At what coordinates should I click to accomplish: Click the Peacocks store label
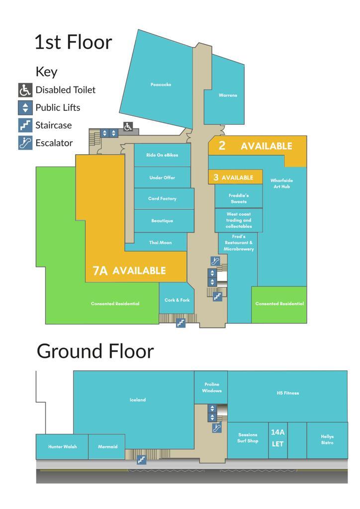pos(161,85)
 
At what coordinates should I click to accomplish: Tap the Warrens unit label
pos(228,95)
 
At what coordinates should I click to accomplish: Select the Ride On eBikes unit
pos(162,155)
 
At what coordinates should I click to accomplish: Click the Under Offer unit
pos(162,177)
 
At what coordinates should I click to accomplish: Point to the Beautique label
pos(162,221)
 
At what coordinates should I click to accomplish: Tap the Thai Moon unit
pos(161,242)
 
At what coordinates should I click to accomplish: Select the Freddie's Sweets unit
pos(239,198)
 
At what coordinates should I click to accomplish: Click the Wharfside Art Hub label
pos(281,183)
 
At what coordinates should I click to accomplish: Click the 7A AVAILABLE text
pos(129,270)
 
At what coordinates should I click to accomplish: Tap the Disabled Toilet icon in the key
pos(25,90)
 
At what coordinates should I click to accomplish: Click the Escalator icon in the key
pos(25,143)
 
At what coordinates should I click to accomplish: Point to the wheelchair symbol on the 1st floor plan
pos(128,127)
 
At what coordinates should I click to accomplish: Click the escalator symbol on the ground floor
pos(217,428)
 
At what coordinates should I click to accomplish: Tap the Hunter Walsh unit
pos(62,447)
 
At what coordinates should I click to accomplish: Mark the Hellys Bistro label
pos(327,439)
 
